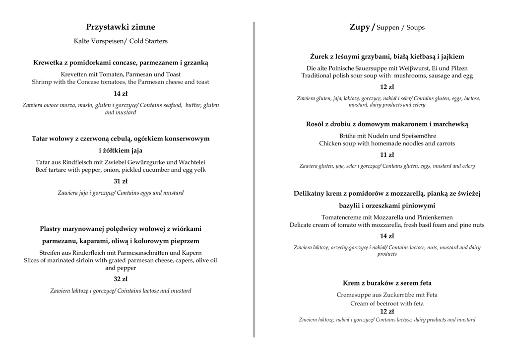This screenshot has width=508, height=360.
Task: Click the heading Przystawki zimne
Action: tap(121, 27)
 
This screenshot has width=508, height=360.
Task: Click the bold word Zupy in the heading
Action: tap(360, 27)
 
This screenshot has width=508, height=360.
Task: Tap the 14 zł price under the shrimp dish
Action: tap(121, 94)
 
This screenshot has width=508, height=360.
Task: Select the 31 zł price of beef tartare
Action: tap(121, 181)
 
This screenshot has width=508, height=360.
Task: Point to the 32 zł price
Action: tap(121, 279)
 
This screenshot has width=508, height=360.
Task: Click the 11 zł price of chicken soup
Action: tap(387, 155)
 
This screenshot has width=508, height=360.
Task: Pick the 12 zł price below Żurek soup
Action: tap(387, 87)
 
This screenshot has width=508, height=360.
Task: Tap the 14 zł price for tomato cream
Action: tap(387, 236)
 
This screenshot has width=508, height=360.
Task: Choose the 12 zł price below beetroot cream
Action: tap(387, 312)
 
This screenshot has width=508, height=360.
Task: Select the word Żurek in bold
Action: tap(320, 57)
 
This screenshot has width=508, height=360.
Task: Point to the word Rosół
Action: tap(317, 124)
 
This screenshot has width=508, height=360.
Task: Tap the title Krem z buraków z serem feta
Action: tap(387, 283)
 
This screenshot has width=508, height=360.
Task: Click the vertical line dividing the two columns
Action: tap(254, 179)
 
